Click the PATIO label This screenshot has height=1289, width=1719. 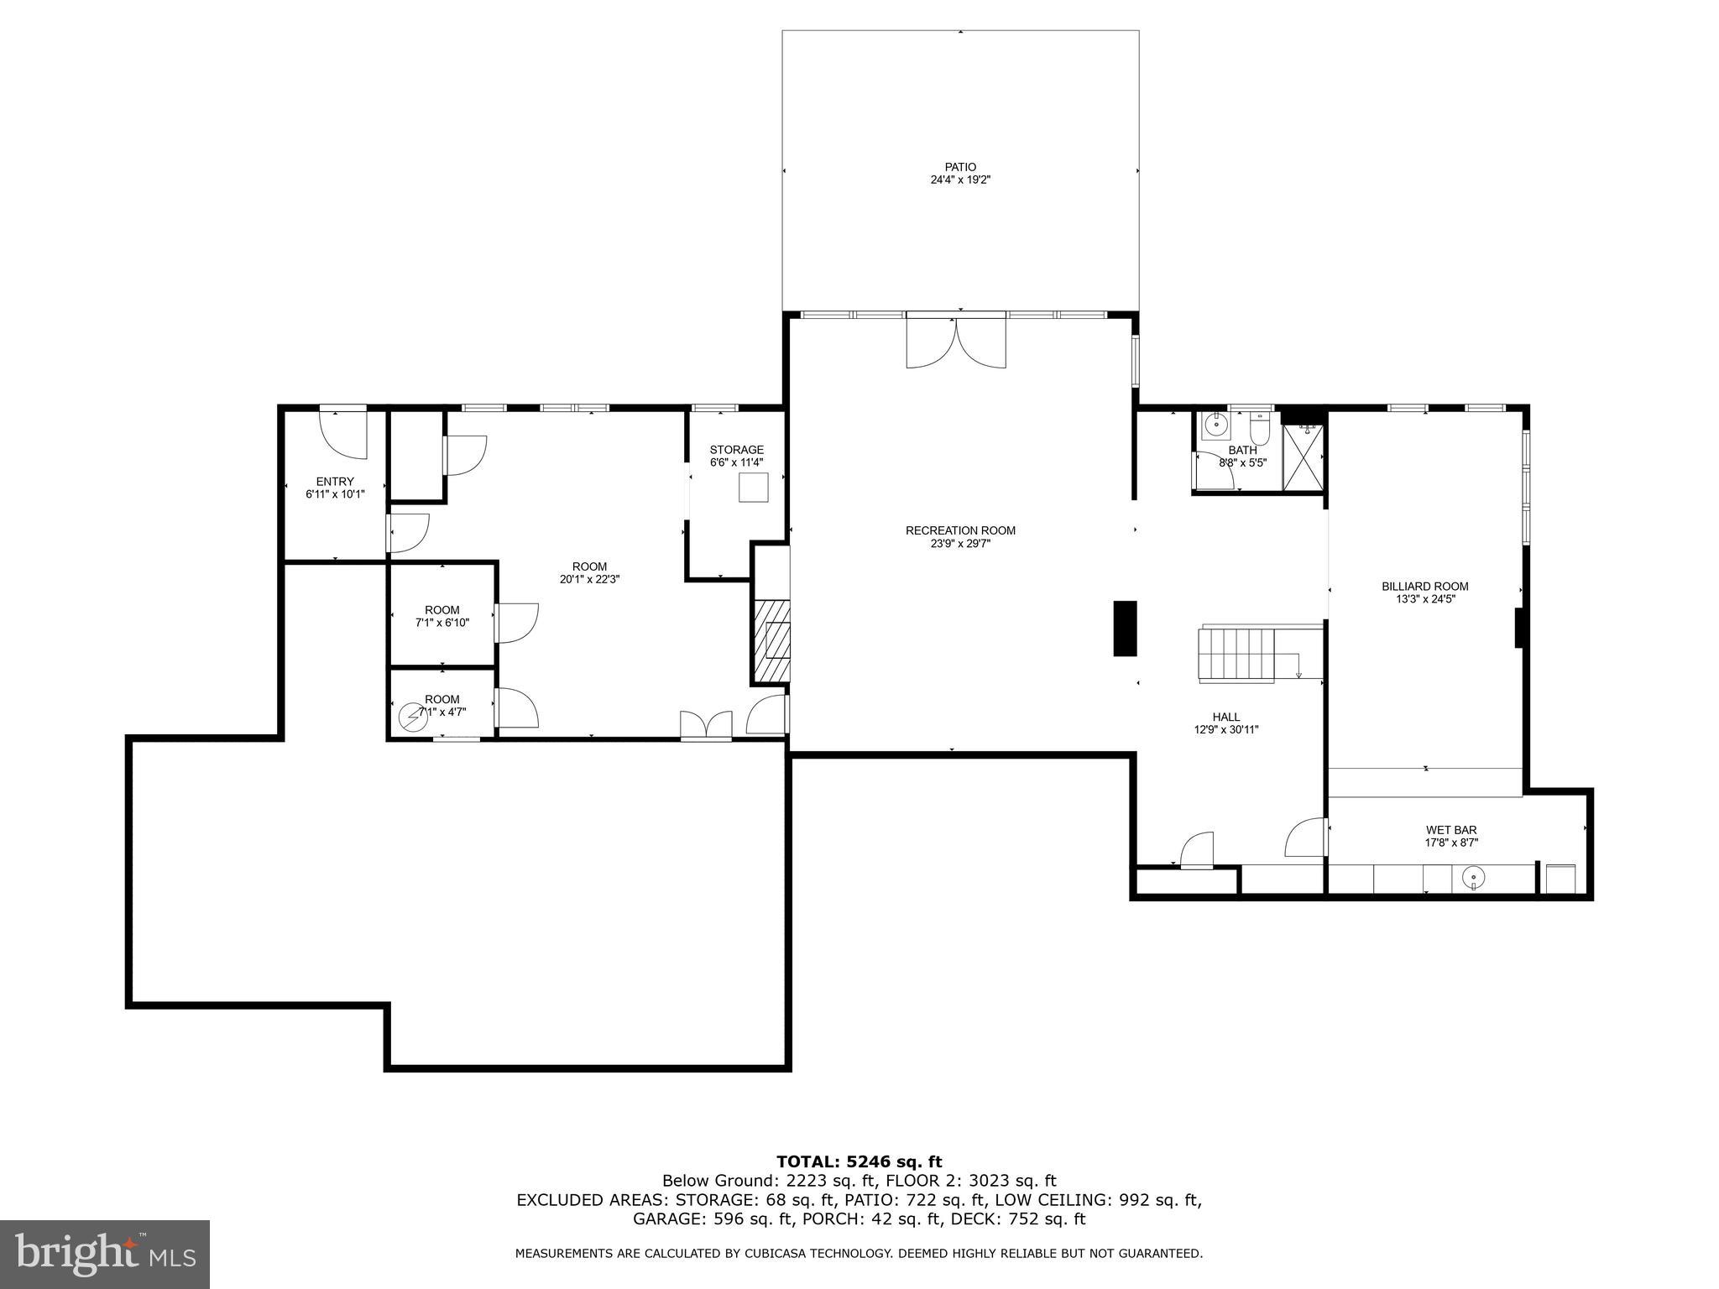tap(959, 167)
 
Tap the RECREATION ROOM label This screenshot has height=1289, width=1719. tap(959, 530)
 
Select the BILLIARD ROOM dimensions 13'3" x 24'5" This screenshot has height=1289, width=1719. tap(1424, 599)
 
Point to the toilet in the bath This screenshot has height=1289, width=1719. tap(1259, 431)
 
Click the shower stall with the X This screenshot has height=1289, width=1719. tap(1303, 457)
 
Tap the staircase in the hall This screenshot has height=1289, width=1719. tap(1238, 655)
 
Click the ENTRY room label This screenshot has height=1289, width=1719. tap(335, 482)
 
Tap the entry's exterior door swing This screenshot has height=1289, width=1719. tap(344, 434)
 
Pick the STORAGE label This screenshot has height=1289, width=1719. tap(736, 450)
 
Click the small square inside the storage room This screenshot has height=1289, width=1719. tap(753, 488)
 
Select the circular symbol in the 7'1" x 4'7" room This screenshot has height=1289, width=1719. tap(413, 718)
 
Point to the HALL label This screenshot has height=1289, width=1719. tap(1225, 717)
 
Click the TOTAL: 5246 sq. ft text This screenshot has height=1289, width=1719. tap(859, 1162)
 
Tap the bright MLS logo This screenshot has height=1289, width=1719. tap(105, 1254)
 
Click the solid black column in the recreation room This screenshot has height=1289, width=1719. tap(1125, 628)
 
